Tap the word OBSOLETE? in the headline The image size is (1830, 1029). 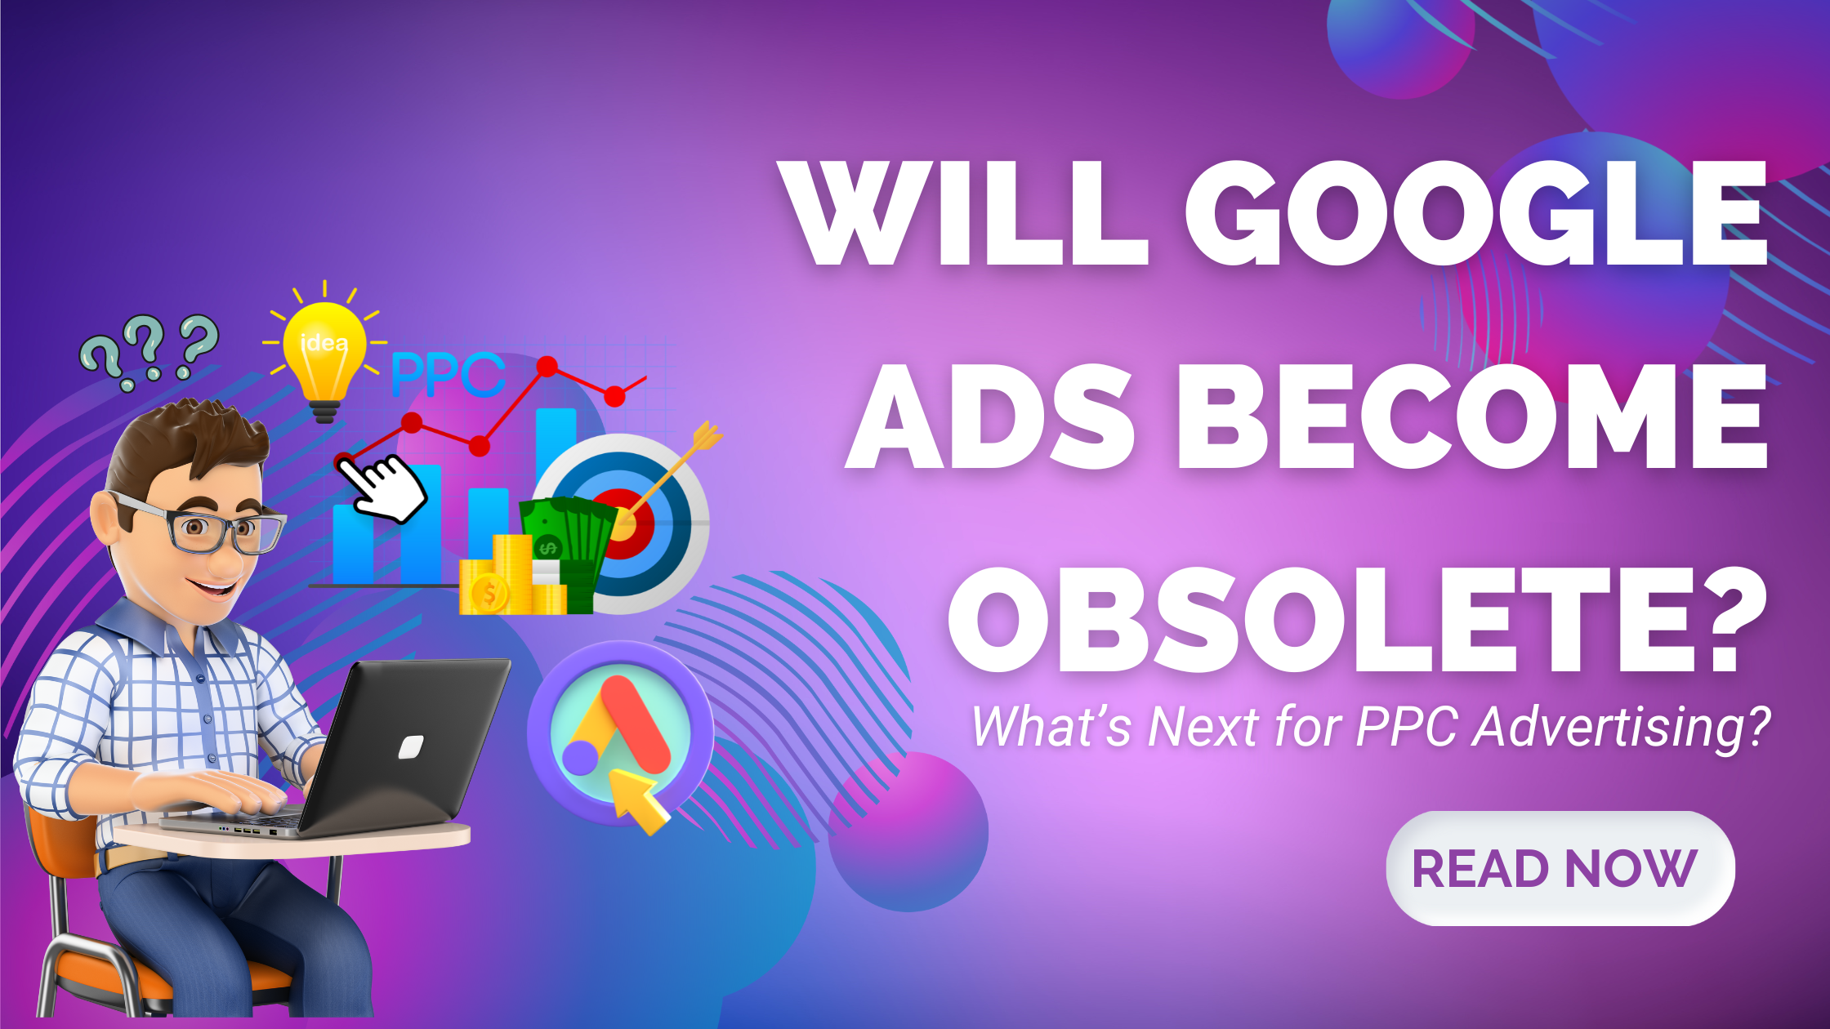[1357, 618]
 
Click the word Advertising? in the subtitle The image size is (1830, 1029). [1621, 726]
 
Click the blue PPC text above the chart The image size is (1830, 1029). [449, 375]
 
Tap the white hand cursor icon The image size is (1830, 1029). [381, 488]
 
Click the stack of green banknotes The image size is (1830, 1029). [569, 551]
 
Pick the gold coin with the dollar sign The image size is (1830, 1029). [489, 592]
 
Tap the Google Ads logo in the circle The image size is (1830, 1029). [619, 728]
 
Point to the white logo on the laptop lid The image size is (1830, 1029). [410, 746]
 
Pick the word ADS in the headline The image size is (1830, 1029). [990, 416]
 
